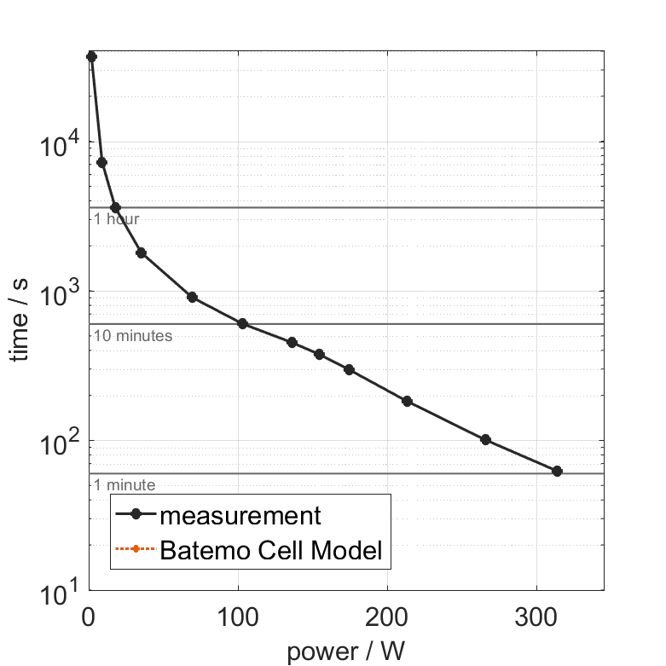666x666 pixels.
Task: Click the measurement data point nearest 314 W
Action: [557, 471]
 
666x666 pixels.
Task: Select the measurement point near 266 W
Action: [486, 440]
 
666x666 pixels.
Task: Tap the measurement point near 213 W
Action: [407, 401]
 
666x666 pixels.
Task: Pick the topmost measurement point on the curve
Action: [92, 56]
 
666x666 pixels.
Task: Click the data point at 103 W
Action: [242, 323]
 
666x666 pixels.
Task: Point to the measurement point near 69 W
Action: [192, 297]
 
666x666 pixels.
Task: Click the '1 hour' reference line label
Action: [116, 219]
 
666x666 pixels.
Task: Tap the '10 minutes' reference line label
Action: [133, 336]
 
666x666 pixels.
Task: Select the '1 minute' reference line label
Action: [125, 485]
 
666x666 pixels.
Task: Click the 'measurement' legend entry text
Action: [240, 516]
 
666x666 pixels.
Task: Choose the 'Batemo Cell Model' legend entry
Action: [271, 551]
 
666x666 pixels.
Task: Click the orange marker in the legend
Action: [136, 552]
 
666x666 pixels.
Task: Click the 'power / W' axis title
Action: [346, 652]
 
